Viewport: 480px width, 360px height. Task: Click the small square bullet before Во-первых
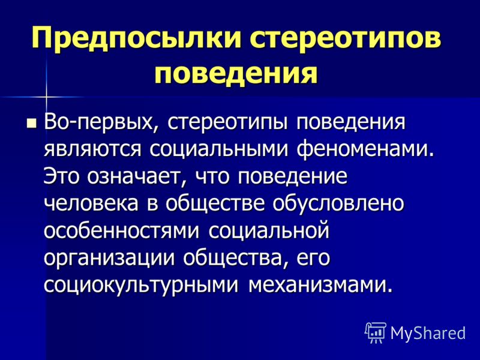[32, 123]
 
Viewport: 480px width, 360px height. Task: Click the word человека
[91, 203]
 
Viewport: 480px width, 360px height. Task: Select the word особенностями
[122, 230]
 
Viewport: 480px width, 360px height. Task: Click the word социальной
[269, 230]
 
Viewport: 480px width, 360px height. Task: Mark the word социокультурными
[141, 284]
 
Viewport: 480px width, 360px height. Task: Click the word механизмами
[320, 284]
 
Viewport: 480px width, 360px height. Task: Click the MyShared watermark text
[428, 333]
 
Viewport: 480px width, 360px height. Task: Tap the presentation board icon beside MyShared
[376, 332]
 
